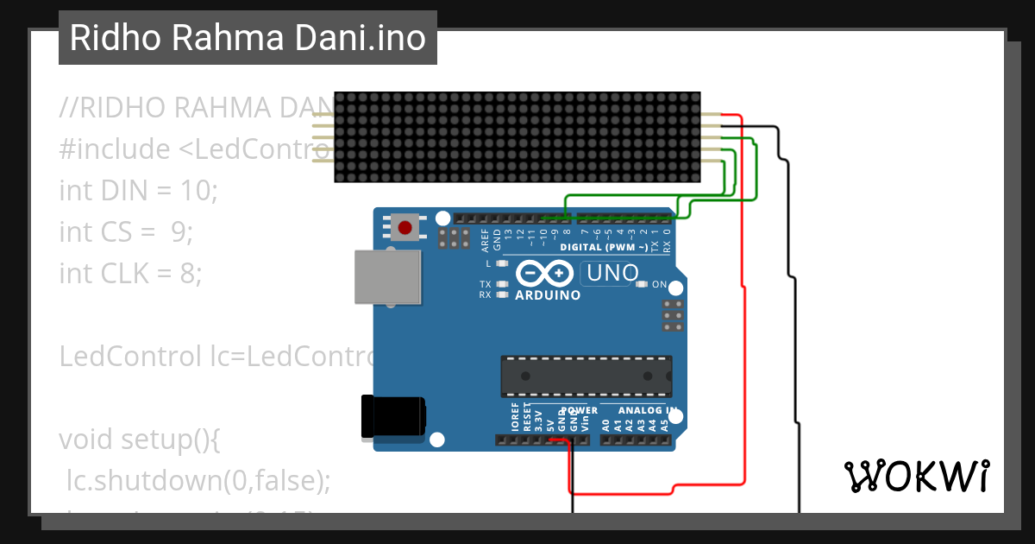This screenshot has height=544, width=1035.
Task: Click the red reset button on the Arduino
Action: [405, 228]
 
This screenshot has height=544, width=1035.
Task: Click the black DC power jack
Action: [392, 416]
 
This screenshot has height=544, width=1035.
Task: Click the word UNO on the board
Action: [612, 274]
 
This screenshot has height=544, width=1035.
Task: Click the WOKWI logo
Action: [916, 476]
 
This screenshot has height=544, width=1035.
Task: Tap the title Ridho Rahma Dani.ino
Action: [248, 38]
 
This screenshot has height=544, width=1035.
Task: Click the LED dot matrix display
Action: [517, 137]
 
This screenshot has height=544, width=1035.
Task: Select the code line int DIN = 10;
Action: [138, 190]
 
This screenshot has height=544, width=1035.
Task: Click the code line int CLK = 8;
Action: [130, 273]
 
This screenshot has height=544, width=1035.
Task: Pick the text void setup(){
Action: [140, 439]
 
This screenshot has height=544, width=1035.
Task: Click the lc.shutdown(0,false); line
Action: [198, 480]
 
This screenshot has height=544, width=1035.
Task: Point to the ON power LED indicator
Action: [641, 284]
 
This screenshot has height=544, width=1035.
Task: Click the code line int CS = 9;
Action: [126, 231]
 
